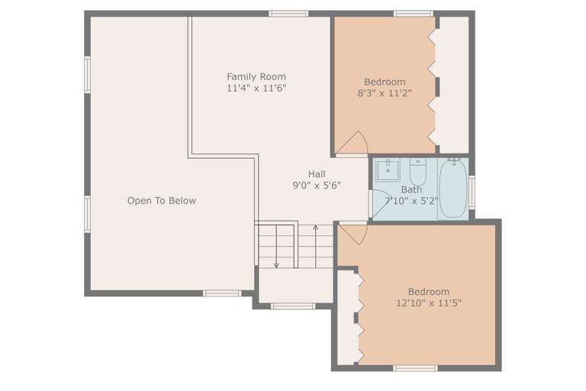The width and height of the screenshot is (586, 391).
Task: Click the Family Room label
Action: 256,76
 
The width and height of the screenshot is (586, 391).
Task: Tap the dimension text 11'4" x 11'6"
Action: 256,88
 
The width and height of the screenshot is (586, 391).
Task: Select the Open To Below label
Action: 161,201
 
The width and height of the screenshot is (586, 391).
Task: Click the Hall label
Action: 317,174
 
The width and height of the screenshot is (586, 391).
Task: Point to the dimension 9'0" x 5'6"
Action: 317,185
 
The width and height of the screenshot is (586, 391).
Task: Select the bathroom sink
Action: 388,168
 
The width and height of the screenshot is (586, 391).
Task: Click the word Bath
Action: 411,190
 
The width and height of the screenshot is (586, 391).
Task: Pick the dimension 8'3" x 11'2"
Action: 385,94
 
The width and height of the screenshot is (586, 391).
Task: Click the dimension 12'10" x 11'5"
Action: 428,302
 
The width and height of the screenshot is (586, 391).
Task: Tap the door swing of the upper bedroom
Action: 355,144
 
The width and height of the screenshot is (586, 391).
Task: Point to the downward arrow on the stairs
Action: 276,263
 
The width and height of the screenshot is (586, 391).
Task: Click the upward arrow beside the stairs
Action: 316,228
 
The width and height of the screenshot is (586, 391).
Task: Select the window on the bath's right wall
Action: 472,190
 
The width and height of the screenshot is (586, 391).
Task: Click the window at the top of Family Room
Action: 288,13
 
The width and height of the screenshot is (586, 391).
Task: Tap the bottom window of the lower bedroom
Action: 414,369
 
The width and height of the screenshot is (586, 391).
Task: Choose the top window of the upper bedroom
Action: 414,13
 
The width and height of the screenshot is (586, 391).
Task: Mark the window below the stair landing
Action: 293,306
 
